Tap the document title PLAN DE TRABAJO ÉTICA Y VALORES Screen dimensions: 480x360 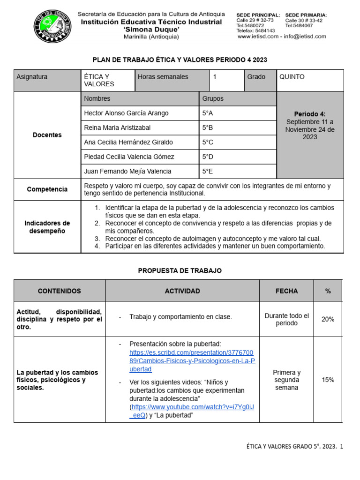click(x=180, y=60)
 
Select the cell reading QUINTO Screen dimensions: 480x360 click(x=292, y=77)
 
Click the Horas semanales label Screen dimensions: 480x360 click(x=163, y=77)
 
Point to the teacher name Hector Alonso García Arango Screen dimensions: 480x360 click(x=126, y=113)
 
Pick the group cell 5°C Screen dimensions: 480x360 click(x=208, y=142)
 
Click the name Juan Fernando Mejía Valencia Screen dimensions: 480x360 click(x=127, y=171)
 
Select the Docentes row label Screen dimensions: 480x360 click(x=47, y=135)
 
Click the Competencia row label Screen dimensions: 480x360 click(x=47, y=189)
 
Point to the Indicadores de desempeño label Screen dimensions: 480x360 click(x=47, y=227)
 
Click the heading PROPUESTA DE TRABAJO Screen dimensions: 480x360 click(x=180, y=271)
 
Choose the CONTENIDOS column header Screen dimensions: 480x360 click(x=60, y=291)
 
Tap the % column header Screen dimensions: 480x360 click(x=328, y=291)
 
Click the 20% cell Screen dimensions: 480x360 click(x=328, y=319)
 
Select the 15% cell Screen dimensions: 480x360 click(x=328, y=380)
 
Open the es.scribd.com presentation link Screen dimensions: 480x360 click(x=192, y=360)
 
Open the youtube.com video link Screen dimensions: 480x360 click(x=193, y=407)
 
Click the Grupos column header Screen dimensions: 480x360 click(x=213, y=98)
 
